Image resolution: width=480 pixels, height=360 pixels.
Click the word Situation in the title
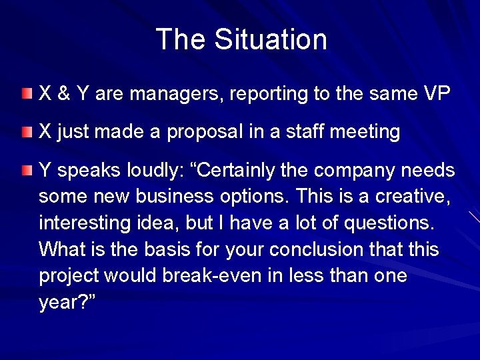pyautogui.click(x=271, y=39)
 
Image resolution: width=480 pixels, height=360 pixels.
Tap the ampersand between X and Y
pyautogui.click(x=64, y=94)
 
